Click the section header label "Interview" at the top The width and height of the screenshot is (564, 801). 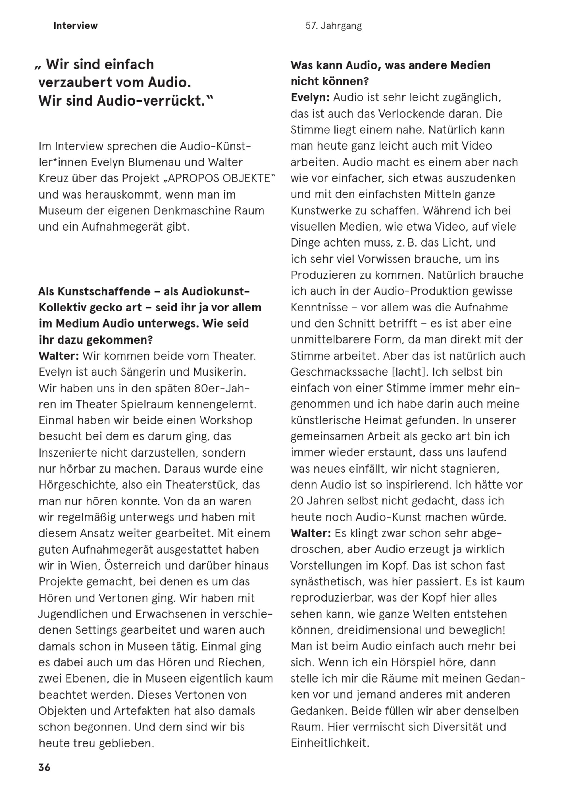75,26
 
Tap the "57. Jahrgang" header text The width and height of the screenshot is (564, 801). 333,26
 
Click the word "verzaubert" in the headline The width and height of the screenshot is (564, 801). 75,83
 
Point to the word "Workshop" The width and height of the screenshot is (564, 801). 226,420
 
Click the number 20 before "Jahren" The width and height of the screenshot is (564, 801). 297,501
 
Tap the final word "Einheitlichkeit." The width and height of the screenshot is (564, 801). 330,743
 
